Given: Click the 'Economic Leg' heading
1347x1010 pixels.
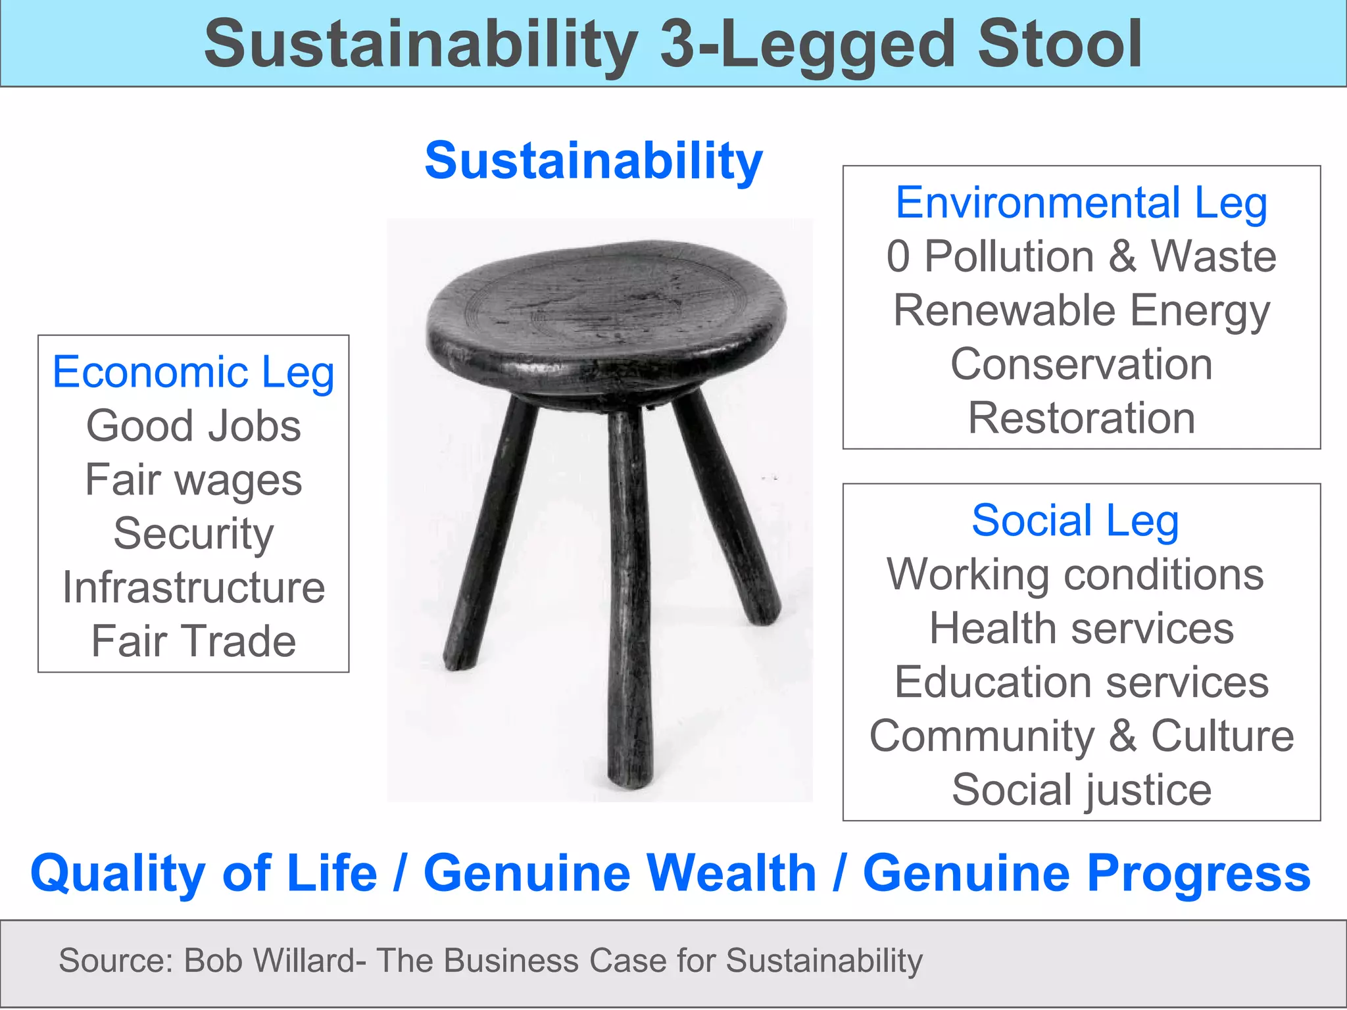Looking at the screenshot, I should coord(193,372).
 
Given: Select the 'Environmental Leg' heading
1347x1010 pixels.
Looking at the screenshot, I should coord(1081,203).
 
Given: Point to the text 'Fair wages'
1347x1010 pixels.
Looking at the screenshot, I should coord(193,480).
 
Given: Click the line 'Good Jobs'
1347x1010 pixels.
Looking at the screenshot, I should coord(193,426).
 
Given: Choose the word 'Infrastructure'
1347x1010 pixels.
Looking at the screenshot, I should coord(193,587).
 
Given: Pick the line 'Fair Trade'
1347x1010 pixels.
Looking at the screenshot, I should coord(193,641).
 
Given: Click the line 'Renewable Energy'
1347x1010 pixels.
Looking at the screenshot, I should coord(1081,310).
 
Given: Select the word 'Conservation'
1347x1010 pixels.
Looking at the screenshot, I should coord(1081,364).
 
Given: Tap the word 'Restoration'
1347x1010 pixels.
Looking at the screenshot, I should coord(1081,418).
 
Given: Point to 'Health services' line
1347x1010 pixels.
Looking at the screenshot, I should coord(1081,629).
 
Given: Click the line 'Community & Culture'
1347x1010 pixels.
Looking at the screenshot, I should coord(1081,736).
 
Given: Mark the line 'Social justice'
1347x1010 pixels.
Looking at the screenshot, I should coord(1081,790).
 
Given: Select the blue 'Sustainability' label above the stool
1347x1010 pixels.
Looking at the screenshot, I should coord(593,160).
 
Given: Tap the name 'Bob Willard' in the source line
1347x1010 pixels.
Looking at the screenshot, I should coord(270,961).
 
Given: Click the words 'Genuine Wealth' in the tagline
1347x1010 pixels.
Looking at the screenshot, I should coord(620,873).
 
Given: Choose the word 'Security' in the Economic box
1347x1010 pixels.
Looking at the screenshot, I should coord(193,533).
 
